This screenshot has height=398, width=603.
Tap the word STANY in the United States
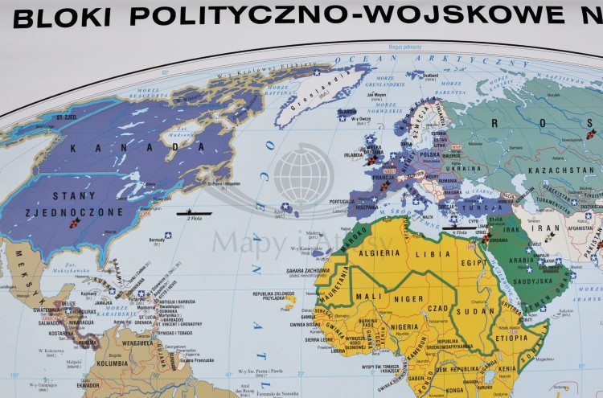[74, 195]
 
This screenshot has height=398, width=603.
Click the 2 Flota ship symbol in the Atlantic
[193, 214]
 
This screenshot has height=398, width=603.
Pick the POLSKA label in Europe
[431, 154]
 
